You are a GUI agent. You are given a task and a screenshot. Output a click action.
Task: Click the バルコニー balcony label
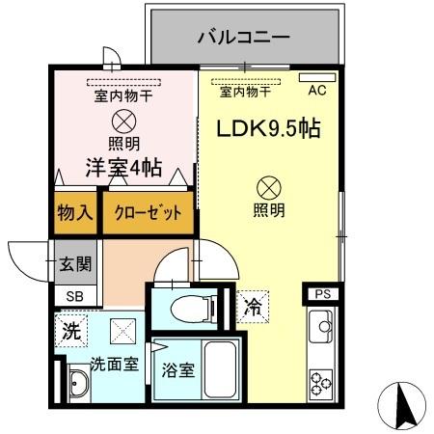(244, 39)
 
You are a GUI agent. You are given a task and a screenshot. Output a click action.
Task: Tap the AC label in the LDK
(317, 92)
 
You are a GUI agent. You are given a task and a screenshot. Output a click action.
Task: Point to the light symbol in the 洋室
(122, 121)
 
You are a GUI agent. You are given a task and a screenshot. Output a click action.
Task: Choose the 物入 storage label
(73, 212)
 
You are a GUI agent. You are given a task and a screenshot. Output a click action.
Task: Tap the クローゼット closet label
(148, 213)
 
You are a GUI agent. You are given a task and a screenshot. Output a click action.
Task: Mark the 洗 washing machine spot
(70, 329)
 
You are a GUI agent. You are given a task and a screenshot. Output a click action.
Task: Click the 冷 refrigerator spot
(253, 309)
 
